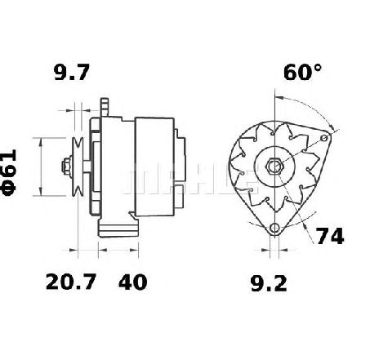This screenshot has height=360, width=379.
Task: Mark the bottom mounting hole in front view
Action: (274, 228)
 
